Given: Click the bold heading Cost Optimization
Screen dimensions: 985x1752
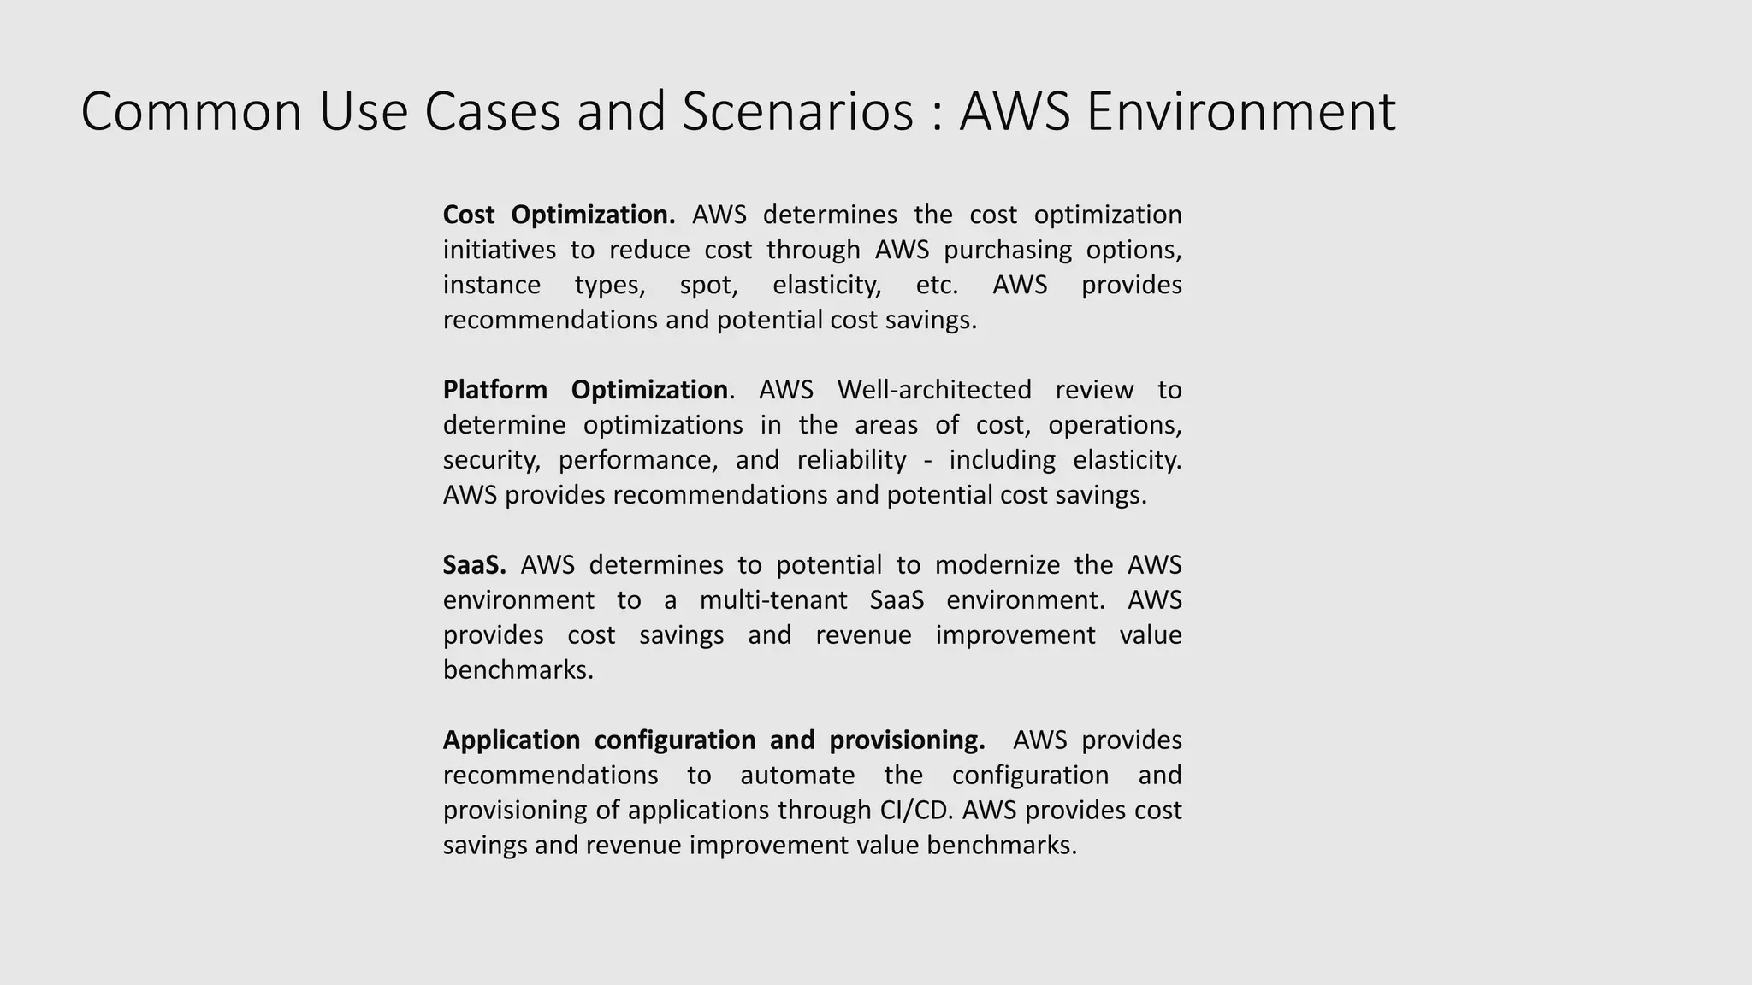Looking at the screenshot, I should (559, 215).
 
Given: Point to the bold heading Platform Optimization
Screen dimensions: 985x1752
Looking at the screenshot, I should (585, 390).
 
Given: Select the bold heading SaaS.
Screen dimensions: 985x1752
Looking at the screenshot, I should (474, 565).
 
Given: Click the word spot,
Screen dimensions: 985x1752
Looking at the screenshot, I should (708, 285).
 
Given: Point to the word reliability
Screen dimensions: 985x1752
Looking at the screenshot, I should (851, 460).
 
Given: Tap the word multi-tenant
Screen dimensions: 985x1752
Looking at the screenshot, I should (772, 600).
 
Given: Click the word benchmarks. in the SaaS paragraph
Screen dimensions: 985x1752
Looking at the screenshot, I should (518, 669).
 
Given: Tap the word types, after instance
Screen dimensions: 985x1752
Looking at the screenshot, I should (610, 285).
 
